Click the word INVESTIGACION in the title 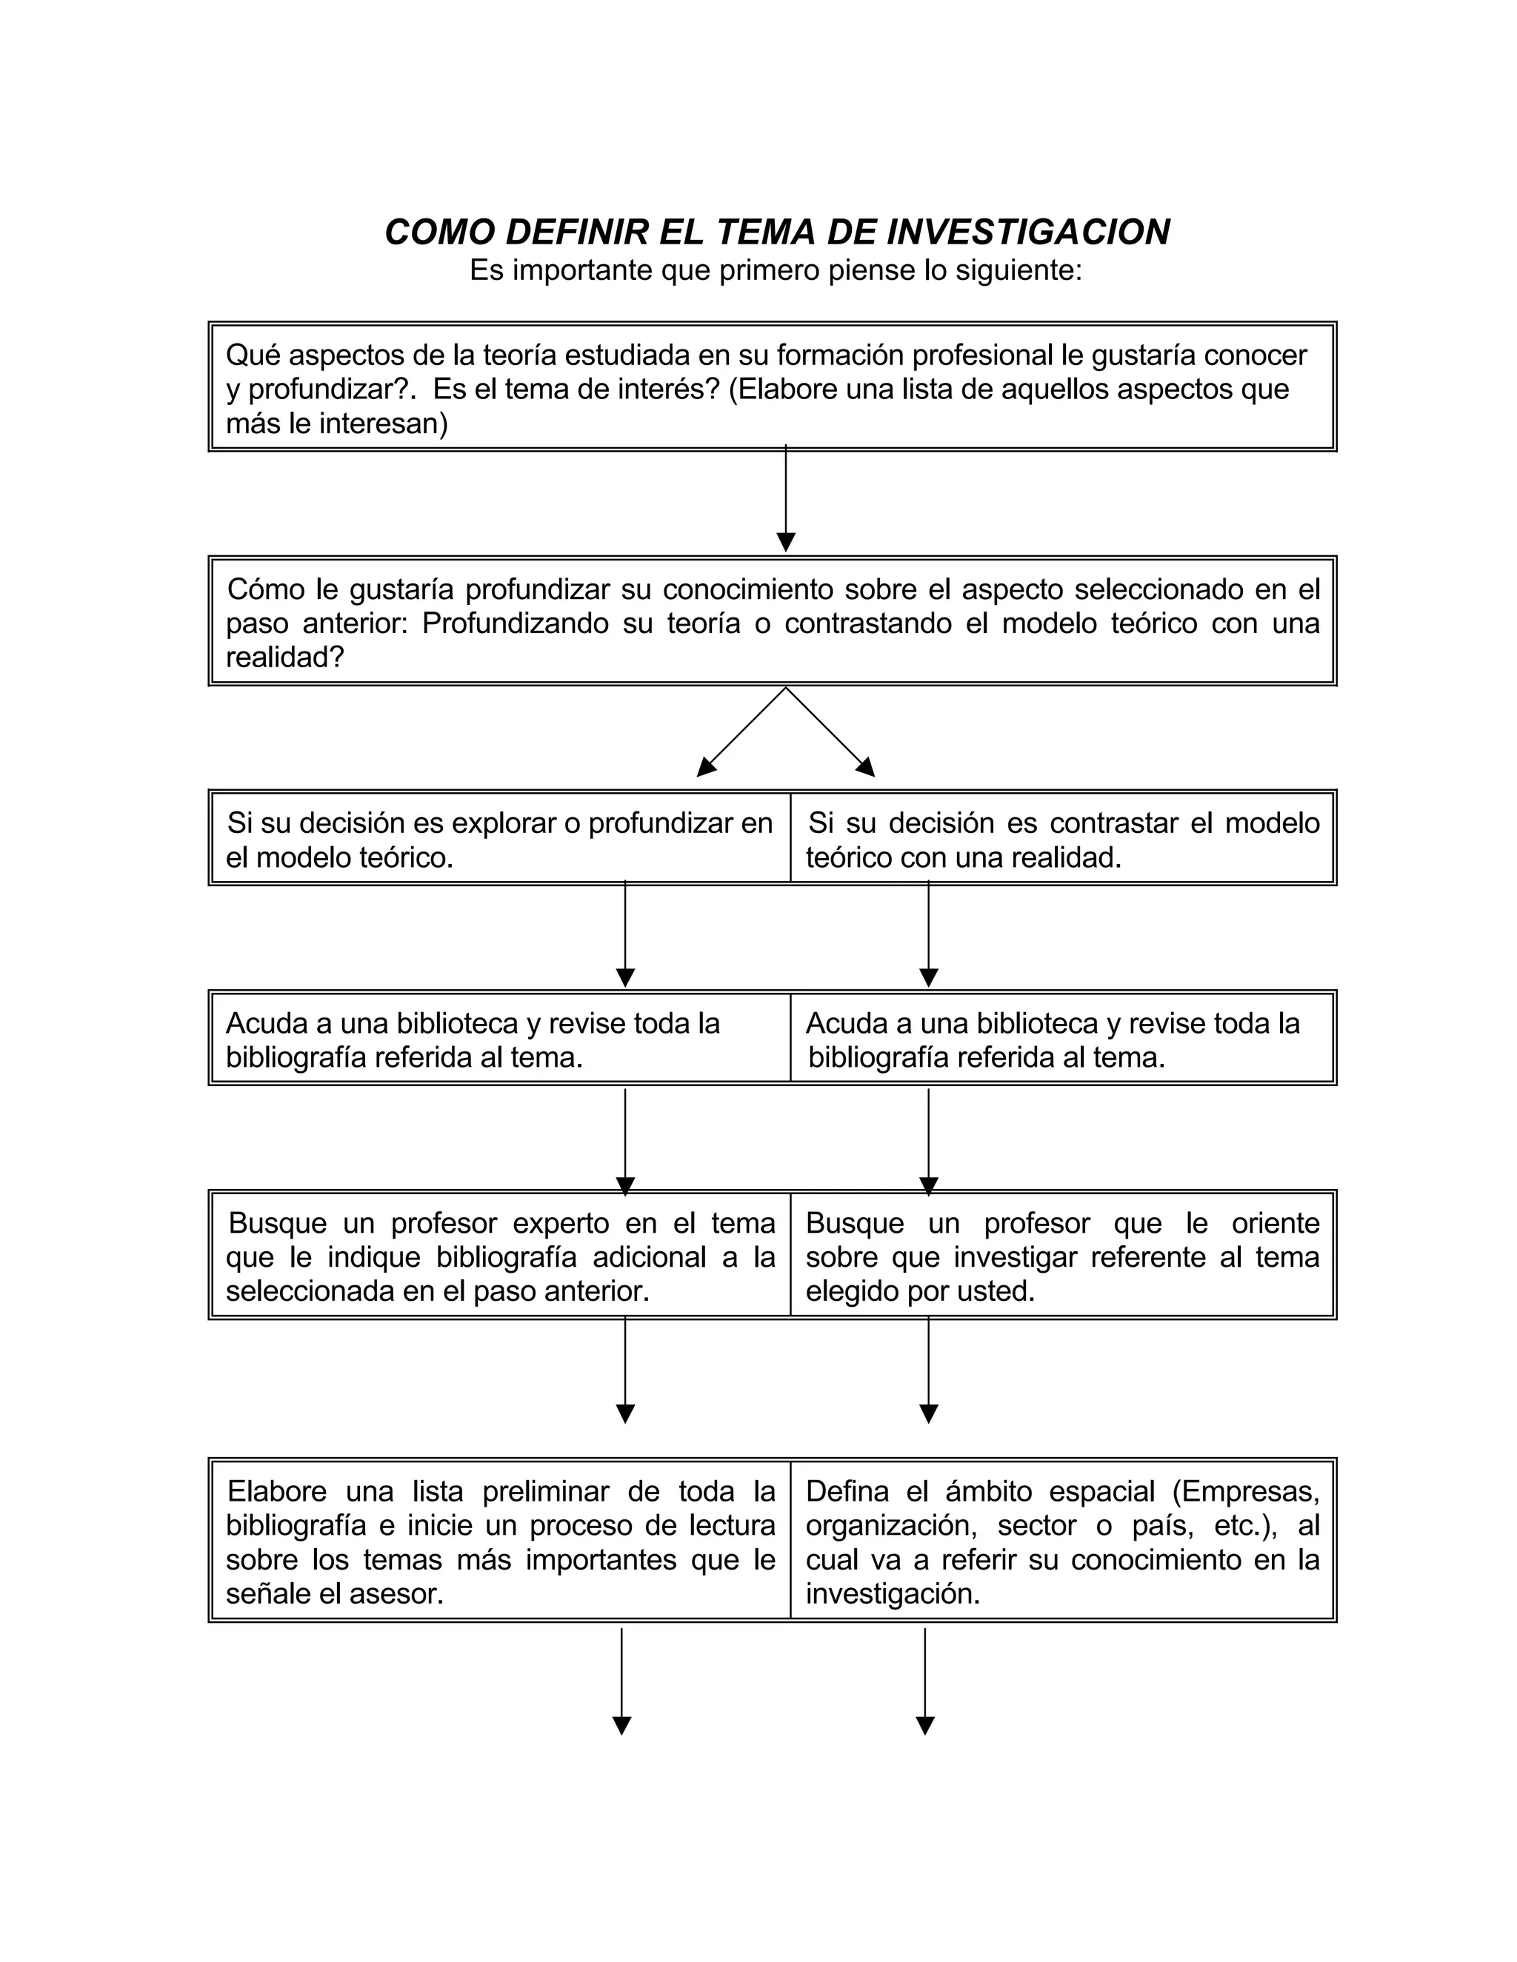point(1028,232)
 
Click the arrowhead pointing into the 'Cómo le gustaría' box point(785,542)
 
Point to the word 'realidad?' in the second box point(285,657)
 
